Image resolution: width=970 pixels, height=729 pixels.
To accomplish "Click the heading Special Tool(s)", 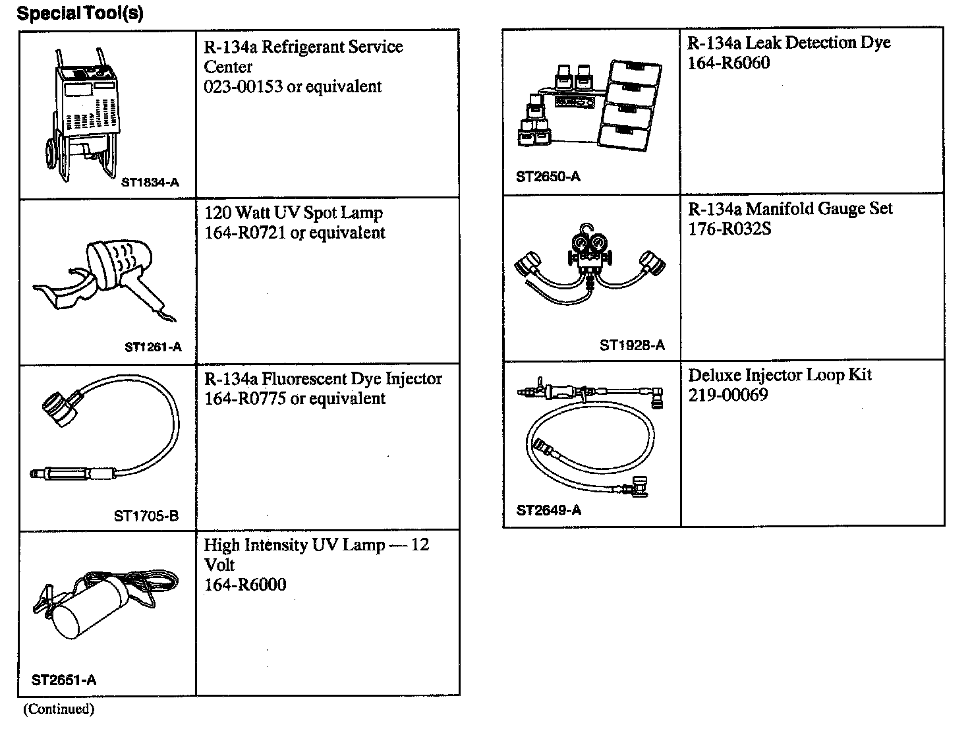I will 79,13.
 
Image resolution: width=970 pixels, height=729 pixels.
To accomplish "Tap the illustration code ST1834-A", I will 150,183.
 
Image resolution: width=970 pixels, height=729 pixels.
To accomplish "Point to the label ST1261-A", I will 153,347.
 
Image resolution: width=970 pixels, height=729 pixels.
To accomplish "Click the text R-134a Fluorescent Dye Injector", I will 323,379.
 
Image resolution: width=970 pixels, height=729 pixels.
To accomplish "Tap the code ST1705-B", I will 146,516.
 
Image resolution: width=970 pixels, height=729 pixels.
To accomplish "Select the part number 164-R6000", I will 245,585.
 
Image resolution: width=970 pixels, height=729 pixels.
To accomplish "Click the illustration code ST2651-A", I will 64,680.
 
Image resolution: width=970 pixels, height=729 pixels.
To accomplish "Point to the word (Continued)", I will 59,709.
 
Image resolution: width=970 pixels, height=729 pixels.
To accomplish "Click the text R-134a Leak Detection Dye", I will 789,43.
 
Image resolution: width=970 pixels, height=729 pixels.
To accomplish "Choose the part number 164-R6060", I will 728,63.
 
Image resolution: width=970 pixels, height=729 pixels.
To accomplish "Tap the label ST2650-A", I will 548,177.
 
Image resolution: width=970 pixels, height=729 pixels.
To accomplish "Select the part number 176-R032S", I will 729,229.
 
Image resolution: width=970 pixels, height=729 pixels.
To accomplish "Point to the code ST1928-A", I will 632,345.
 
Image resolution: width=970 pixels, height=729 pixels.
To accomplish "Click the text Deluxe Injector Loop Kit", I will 780,375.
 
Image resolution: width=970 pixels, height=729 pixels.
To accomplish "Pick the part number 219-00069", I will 728,395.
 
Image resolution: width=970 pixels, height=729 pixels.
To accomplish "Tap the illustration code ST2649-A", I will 549,510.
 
